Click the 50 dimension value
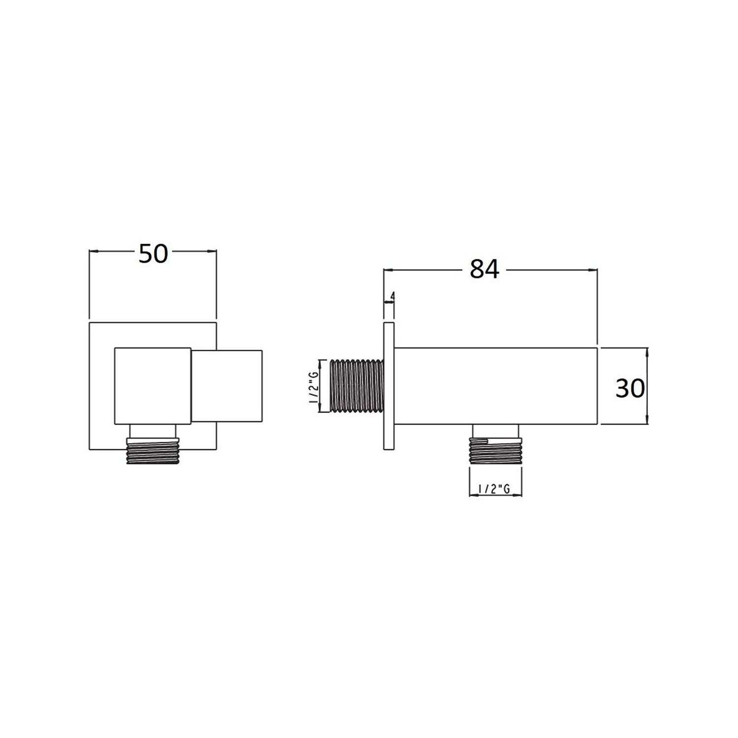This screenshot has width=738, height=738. (x=154, y=254)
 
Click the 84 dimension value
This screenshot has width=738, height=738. (x=484, y=269)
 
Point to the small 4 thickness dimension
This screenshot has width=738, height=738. (x=393, y=296)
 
